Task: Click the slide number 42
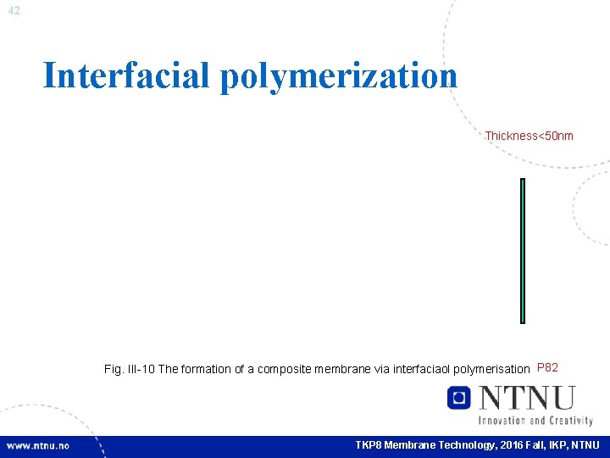(14, 11)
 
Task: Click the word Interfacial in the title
(126, 75)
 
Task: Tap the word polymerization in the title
(339, 75)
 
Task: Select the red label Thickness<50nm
(529, 136)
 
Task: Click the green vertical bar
(523, 250)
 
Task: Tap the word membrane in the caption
(338, 370)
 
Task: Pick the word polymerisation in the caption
(492, 370)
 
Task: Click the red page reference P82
(547, 368)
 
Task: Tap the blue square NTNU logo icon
(459, 398)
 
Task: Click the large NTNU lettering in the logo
(526, 398)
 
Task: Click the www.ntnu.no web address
(39, 445)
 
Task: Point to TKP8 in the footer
(369, 445)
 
